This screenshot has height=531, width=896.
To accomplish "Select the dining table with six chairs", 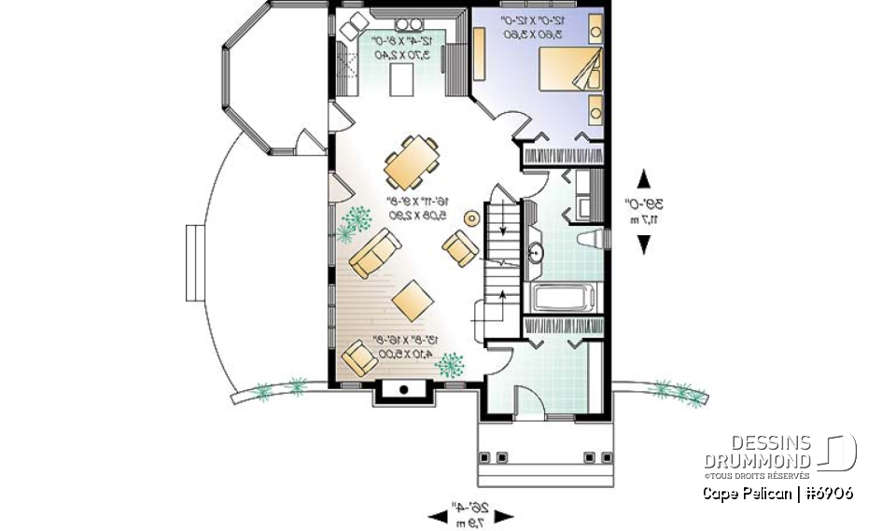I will pos(413,164).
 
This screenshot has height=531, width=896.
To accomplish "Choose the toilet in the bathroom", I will pos(587,239).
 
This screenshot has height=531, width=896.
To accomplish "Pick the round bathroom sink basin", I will pos(537,252).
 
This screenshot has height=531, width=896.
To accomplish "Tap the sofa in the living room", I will pos(374,253).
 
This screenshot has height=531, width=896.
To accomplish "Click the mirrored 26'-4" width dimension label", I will pos(471,513).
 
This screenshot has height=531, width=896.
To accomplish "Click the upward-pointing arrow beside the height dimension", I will pos(643,177).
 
